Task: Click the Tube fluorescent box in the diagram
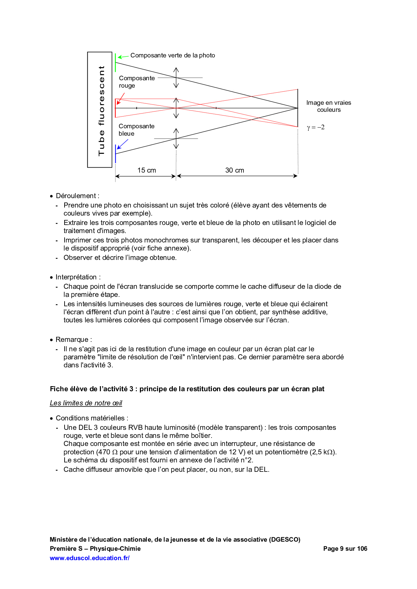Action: (x=100, y=110)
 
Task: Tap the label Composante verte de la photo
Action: (x=173, y=55)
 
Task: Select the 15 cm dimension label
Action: (x=147, y=170)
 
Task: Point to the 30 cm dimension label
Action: (x=235, y=170)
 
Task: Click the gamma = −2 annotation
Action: (x=316, y=127)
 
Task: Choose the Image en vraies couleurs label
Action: (x=329, y=106)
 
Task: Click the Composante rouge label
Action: (x=137, y=82)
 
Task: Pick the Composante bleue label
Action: (x=136, y=130)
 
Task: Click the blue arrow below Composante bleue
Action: (x=122, y=144)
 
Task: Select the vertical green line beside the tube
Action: (x=115, y=63)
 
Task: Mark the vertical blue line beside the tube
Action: (x=115, y=154)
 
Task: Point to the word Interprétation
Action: (x=76, y=277)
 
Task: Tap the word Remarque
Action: (x=72, y=339)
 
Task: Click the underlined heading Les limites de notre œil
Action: (x=86, y=403)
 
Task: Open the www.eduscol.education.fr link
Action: (x=89, y=558)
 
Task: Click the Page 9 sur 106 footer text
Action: (x=345, y=549)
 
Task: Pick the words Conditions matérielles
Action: (x=90, y=418)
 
